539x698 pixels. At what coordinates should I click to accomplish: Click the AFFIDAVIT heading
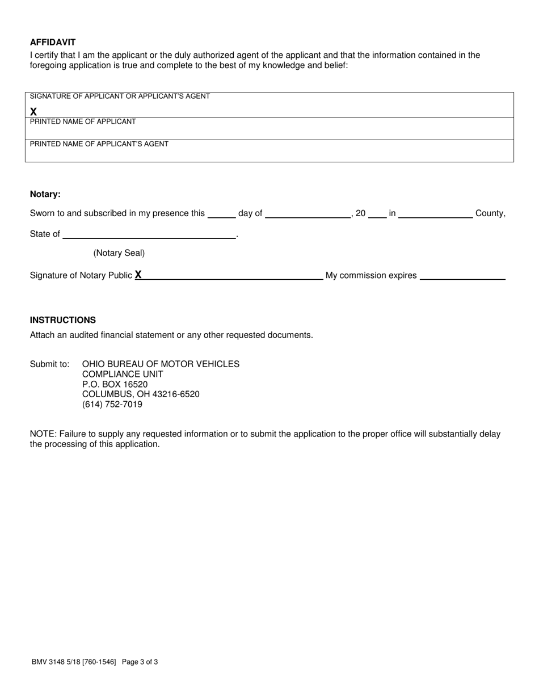point(53,42)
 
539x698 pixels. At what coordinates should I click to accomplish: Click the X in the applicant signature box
point(33,112)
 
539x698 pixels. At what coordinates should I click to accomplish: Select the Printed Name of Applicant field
point(269,132)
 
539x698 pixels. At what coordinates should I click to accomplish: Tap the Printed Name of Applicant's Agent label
point(99,144)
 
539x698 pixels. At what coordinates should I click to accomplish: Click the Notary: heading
point(45,194)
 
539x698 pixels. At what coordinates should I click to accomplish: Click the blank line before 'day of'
point(221,215)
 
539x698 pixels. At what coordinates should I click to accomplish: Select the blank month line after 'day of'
point(308,215)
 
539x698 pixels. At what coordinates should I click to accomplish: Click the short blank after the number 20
point(377,215)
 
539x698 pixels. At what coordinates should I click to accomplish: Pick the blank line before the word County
point(436,215)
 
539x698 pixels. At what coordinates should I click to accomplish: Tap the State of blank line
point(149,235)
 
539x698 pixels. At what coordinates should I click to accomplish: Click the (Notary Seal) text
point(119,253)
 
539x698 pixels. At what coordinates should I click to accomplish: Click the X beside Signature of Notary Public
point(138,275)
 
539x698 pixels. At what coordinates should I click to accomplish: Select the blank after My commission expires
point(462,276)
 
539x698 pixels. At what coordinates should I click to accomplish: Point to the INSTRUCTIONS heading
point(63,320)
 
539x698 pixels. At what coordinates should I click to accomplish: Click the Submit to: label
point(50,364)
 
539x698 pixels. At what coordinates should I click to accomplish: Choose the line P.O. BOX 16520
point(115,384)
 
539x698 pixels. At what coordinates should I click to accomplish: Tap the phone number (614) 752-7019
point(112,405)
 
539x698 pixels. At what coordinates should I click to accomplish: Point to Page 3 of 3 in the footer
point(140,662)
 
